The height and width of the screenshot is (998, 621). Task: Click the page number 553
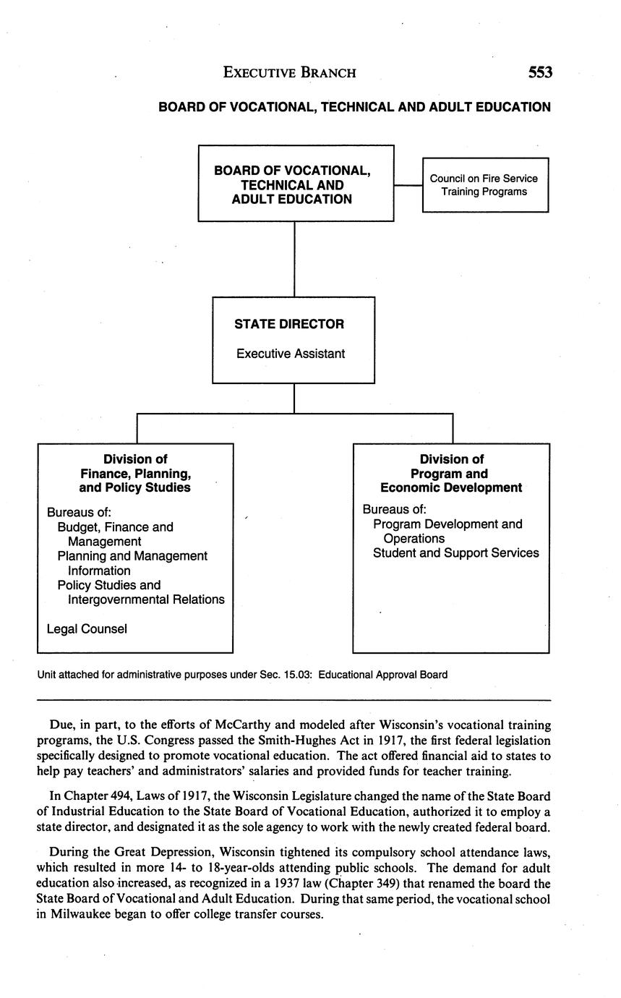(x=540, y=72)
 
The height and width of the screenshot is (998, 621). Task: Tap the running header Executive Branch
(x=289, y=72)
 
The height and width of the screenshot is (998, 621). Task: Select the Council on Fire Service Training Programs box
(x=484, y=185)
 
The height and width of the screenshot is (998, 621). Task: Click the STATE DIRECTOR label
(x=289, y=324)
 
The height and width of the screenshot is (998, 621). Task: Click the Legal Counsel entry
(x=87, y=628)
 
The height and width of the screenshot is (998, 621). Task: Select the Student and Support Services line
(x=455, y=553)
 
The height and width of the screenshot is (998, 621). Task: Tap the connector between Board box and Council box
(x=408, y=185)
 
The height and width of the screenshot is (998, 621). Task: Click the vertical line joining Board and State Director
(x=294, y=258)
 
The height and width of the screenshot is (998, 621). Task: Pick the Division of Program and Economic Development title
(x=451, y=474)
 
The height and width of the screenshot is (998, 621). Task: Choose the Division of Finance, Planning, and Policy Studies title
(x=135, y=474)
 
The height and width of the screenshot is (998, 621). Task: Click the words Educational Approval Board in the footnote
(x=382, y=675)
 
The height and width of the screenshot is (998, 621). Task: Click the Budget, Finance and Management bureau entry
(x=116, y=534)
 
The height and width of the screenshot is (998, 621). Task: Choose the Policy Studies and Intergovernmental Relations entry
(x=141, y=592)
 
